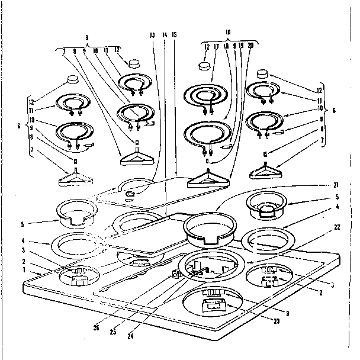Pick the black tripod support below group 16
coord(207,178)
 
